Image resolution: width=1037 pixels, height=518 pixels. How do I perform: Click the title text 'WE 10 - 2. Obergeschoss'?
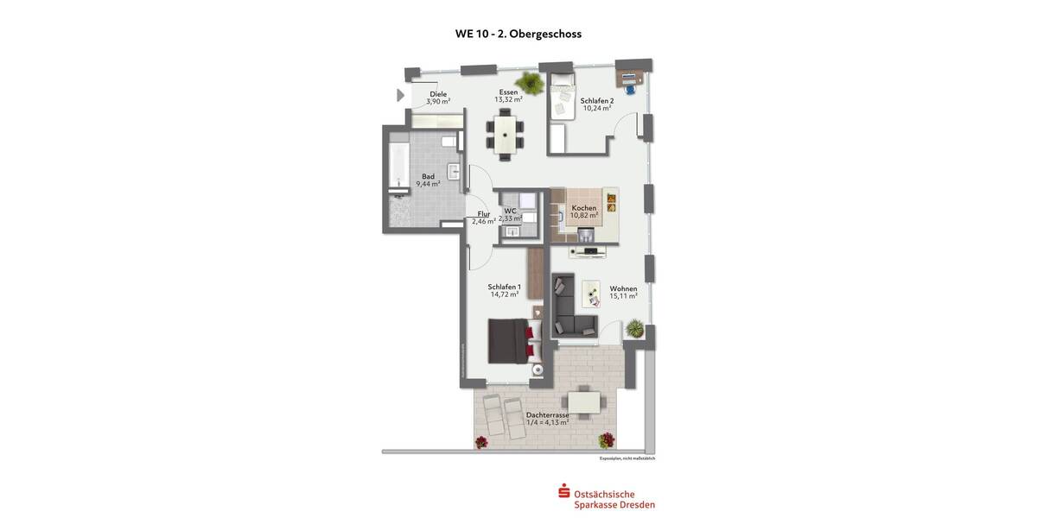518,35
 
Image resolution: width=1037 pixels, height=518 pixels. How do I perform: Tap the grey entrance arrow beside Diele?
400,95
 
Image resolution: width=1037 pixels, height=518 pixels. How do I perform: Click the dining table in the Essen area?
504,135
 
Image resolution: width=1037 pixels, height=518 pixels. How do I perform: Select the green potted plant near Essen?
531,84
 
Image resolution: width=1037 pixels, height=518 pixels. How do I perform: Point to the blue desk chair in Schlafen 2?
629,86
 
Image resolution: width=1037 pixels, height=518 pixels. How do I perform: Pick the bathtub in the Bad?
398,167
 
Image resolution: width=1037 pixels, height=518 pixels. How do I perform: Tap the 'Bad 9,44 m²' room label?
428,180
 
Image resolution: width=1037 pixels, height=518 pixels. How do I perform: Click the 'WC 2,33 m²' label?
511,214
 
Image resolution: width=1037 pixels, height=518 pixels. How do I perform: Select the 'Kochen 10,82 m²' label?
584,212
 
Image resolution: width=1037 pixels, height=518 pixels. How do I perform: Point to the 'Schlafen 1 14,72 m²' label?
504,291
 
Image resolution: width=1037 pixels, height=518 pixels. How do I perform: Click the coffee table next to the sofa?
592,294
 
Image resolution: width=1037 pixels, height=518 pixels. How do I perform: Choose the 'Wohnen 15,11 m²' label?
623,292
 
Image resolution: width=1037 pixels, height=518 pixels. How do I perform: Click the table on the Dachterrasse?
583,402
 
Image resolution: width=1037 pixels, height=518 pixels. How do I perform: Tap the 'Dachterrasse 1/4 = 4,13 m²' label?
548,419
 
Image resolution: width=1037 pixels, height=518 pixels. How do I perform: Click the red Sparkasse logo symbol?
563,491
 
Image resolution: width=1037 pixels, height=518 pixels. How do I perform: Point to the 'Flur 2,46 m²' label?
483,218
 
